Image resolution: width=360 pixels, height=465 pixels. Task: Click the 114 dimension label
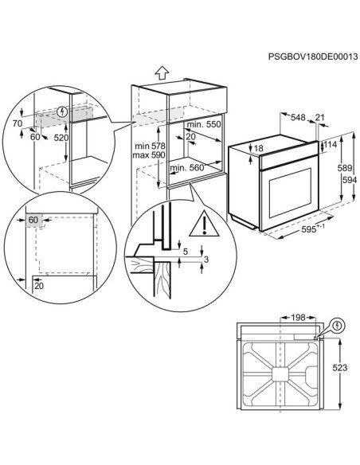tap(330, 146)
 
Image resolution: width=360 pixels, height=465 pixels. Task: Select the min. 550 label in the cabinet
tap(203, 127)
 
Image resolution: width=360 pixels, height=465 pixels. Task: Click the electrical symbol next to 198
tap(337, 325)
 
